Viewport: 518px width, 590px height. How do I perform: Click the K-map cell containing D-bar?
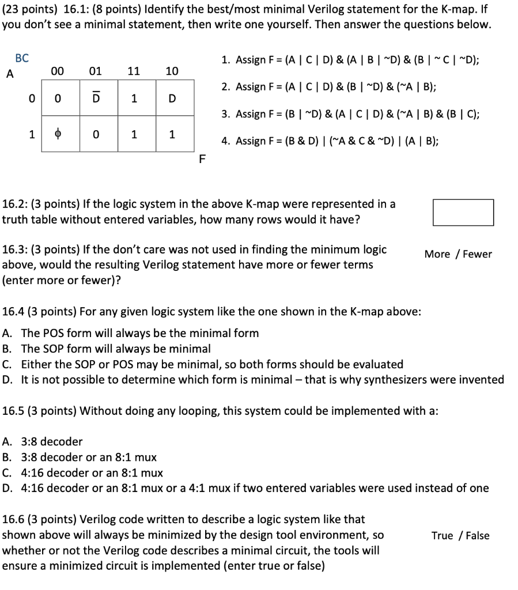pos(96,99)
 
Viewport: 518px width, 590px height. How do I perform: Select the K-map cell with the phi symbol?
pos(58,135)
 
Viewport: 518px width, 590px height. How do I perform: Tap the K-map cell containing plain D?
pos(171,99)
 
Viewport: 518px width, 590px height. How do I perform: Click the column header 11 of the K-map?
pos(133,71)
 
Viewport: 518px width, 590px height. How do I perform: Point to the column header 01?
pos(96,71)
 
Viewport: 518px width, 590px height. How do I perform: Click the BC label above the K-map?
pos(22,58)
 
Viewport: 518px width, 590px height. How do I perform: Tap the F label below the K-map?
pos(201,160)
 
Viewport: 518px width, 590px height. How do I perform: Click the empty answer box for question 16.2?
pos(463,212)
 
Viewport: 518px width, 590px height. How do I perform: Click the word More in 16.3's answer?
pos(437,254)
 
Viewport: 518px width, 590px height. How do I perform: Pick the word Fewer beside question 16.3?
pos(478,254)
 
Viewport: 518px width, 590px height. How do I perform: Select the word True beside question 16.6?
pos(443,535)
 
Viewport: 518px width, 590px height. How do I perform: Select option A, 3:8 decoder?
pos(43,442)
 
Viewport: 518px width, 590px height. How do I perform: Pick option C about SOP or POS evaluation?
pos(203,364)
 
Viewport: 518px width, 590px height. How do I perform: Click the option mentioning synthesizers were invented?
pos(253,380)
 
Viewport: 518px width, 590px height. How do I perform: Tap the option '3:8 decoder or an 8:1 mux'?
pos(80,457)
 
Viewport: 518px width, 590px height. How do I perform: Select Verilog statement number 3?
pos(350,114)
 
